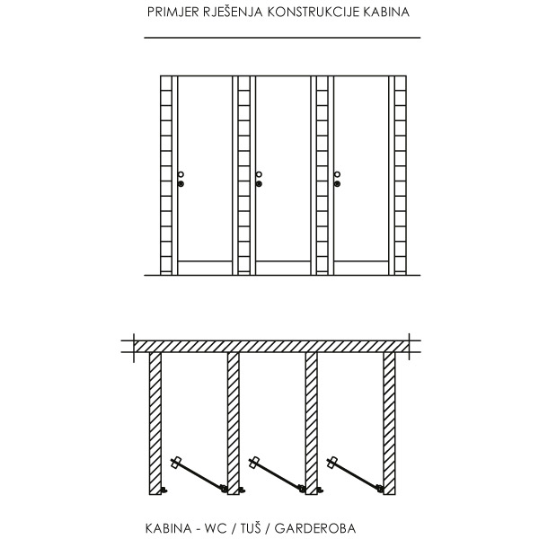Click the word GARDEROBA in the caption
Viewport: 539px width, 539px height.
pos(315,528)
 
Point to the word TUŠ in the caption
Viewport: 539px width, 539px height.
pos(251,527)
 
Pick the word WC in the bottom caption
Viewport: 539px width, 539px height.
pos(216,528)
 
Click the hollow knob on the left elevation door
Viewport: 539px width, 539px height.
pos(181,174)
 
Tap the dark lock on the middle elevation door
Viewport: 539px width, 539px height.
pos(260,184)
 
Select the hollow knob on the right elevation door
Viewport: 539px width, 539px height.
pos(337,174)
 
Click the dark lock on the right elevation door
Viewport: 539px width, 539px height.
pos(337,184)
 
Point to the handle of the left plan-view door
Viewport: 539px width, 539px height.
pos(176,463)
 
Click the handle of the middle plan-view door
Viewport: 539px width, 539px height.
pos(254,463)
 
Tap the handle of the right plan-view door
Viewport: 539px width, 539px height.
pos(332,463)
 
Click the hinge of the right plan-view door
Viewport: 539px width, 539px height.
pos(379,488)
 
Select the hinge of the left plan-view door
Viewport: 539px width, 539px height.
pos(224,488)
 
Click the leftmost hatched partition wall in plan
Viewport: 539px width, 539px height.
pos(155,423)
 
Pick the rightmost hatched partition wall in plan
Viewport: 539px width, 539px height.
pos(389,423)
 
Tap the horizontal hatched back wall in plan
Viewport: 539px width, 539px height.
pos(271,347)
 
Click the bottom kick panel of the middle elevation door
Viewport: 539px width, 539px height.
pos(283,268)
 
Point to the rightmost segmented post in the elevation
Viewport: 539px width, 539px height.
pos(401,175)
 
